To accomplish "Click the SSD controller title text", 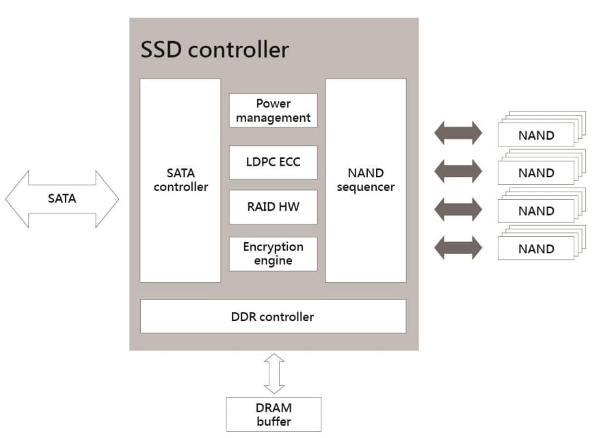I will [214, 49].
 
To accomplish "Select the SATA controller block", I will [181, 180].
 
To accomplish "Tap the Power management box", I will [273, 111].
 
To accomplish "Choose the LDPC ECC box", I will [273, 162].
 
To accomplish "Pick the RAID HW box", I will [273, 207].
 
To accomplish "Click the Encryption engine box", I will [273, 254].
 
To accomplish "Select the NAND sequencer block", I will [366, 180].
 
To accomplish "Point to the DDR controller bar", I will [273, 316].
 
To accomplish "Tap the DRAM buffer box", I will [273, 415].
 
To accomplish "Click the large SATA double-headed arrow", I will [62, 199].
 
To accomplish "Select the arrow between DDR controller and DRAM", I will [274, 374].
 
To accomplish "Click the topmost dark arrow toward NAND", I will [458, 133].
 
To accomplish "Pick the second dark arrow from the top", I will [458, 171].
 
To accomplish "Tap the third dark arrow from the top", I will [458, 209].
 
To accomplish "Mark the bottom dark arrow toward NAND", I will [458, 247].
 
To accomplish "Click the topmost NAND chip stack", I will [537, 133].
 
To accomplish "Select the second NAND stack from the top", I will [537, 172].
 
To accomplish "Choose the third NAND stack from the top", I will [537, 210].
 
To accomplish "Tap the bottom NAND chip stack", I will [537, 248].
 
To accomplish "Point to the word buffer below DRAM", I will [273, 422].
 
